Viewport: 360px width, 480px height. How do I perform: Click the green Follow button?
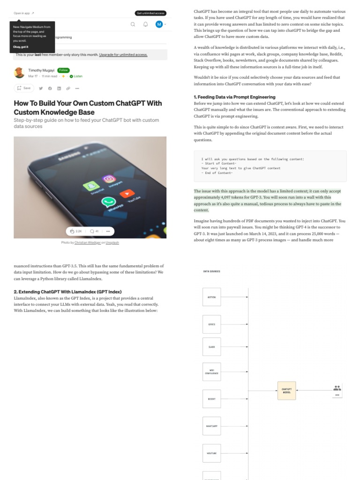[x=63, y=70]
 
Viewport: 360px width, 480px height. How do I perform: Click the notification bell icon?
[x=145, y=24]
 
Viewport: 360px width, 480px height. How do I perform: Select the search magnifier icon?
[x=133, y=24]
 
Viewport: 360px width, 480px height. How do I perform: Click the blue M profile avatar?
[x=159, y=24]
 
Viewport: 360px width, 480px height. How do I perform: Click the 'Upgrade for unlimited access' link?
[x=123, y=55]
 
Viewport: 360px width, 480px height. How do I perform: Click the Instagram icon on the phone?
[x=109, y=179]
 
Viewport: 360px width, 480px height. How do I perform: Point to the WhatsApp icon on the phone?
[x=109, y=202]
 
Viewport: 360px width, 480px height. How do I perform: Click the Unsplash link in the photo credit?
[x=112, y=242]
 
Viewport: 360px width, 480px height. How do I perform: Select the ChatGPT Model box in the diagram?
[x=286, y=390]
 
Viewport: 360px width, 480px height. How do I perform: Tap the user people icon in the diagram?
[x=337, y=388]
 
